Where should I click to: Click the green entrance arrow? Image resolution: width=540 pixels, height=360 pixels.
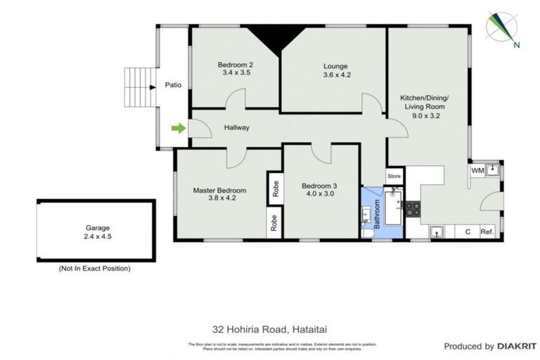178,128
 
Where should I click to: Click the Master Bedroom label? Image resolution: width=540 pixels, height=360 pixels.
219,191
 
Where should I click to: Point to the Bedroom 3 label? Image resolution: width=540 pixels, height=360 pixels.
320,186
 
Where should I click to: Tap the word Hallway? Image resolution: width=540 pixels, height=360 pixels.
237,128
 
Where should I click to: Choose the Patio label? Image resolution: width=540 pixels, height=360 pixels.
173,86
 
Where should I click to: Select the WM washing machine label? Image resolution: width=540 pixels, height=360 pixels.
477,170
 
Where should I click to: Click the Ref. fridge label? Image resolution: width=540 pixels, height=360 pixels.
486,231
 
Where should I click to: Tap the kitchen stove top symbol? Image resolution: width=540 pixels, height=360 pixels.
414,208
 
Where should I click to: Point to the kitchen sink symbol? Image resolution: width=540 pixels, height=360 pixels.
437,230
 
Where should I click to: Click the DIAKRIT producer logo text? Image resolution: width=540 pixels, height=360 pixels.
516,346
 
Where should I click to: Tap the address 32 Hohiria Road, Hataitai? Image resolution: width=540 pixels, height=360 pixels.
270,328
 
